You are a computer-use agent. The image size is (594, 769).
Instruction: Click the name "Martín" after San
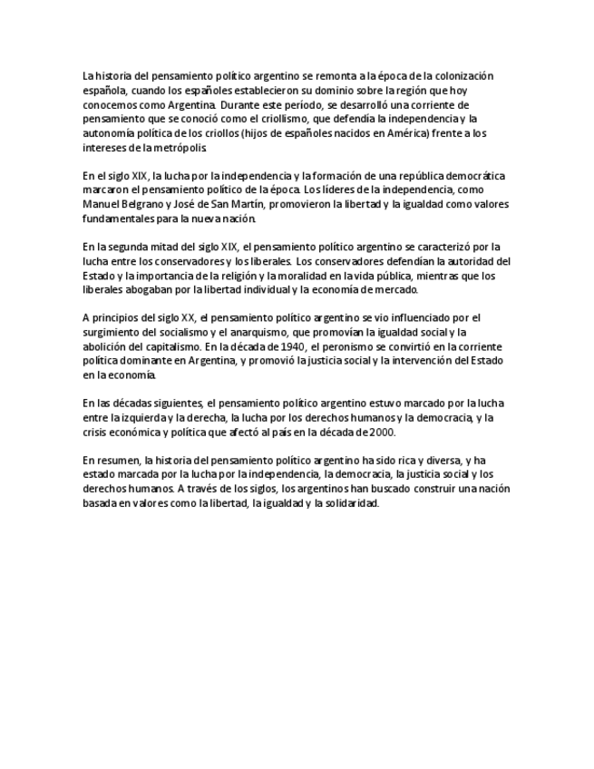(x=277, y=204)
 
